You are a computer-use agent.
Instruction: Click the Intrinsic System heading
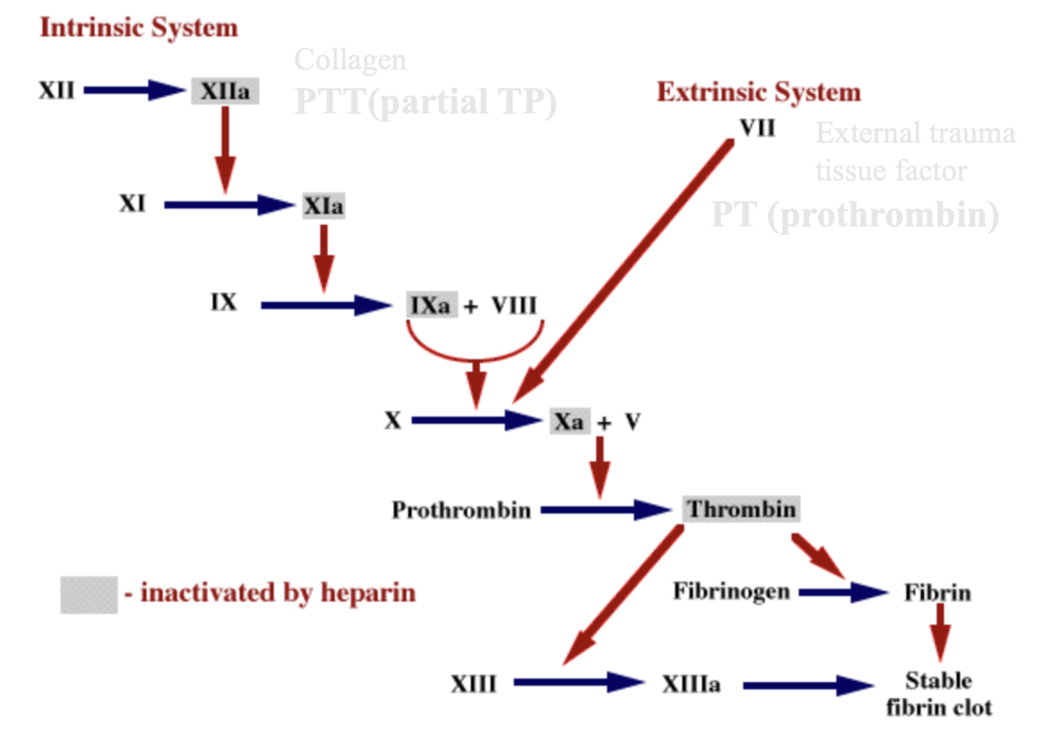tap(139, 28)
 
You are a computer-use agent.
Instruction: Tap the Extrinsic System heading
tap(758, 92)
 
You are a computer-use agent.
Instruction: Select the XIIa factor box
tap(225, 91)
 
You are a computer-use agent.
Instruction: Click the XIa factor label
tap(324, 206)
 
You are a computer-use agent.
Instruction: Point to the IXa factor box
tap(431, 305)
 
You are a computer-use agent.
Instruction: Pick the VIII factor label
tap(514, 305)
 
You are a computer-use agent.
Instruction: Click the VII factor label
tap(757, 128)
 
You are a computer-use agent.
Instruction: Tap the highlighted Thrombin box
tap(741, 509)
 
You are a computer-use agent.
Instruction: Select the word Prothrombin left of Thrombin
tap(461, 511)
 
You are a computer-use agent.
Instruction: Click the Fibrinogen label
tap(731, 591)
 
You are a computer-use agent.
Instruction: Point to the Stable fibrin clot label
tap(938, 694)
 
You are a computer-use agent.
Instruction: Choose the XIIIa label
tap(691, 684)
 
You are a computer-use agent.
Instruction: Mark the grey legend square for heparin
tap(88, 594)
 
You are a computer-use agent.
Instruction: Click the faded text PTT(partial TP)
tap(425, 102)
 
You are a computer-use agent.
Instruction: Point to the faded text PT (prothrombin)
tap(855, 215)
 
